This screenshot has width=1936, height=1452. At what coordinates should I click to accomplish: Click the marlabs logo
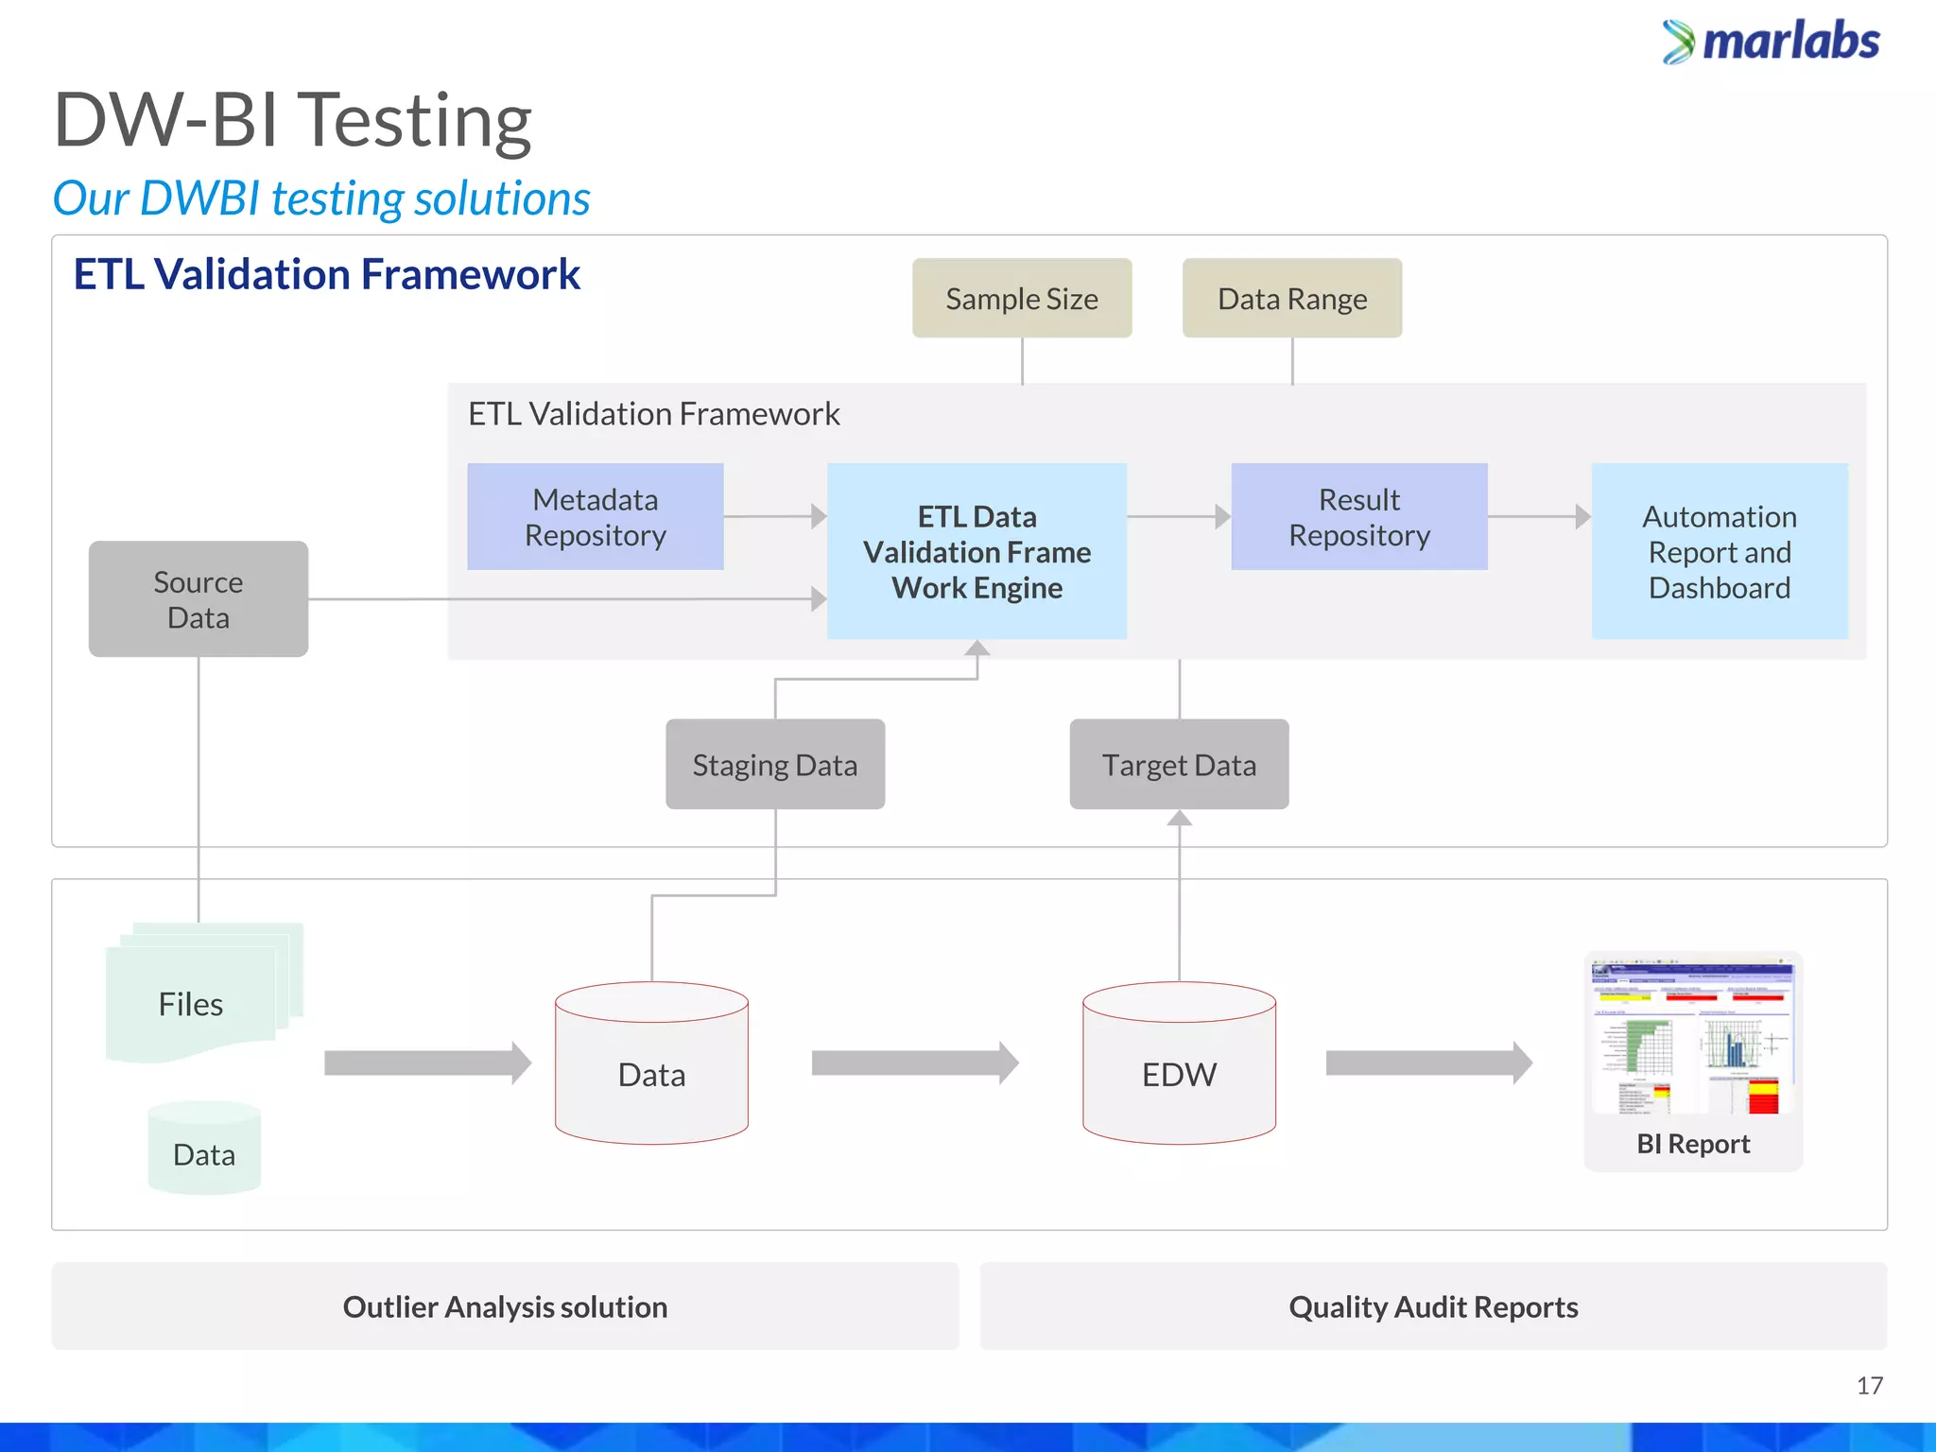(1771, 43)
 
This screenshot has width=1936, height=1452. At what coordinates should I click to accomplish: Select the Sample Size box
(1022, 299)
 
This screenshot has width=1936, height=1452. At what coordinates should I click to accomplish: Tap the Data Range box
(1291, 299)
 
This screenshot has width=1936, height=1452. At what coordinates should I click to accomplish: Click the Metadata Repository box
(596, 517)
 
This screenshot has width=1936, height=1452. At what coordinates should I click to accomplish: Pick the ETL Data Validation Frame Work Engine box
(977, 552)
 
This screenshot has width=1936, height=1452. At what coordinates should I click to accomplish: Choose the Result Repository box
(1358, 517)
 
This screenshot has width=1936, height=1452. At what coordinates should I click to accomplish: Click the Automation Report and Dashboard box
(1719, 552)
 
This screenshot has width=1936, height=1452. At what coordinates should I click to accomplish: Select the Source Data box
(199, 599)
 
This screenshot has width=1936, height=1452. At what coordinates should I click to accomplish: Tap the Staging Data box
(775, 765)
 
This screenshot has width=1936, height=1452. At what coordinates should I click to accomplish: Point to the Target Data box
(1179, 765)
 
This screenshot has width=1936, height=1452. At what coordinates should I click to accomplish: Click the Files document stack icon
(199, 997)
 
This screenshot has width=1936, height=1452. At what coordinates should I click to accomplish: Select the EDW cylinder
(1179, 1068)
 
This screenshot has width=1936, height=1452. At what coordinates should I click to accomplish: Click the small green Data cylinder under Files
(204, 1149)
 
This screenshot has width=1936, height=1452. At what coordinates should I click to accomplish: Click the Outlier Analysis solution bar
(505, 1306)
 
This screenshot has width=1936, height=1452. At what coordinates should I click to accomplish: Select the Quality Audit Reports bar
(1433, 1306)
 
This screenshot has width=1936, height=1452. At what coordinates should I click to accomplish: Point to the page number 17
(1869, 1386)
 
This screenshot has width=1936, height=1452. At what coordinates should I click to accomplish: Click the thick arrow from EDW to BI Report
(1427, 1063)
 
